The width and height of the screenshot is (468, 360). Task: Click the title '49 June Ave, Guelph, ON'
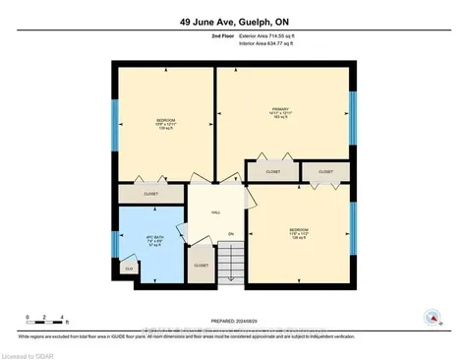[x=233, y=21]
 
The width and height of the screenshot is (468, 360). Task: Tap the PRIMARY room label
[x=283, y=111]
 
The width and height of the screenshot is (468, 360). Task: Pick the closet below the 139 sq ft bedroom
[x=151, y=194]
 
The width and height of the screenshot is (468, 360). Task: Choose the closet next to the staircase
[x=200, y=265]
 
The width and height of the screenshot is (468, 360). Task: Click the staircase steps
[x=228, y=264]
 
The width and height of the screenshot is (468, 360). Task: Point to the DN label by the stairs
[x=230, y=233]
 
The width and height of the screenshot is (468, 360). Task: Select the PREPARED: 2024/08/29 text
[x=233, y=315]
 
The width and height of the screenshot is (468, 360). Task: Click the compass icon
[x=430, y=317]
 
